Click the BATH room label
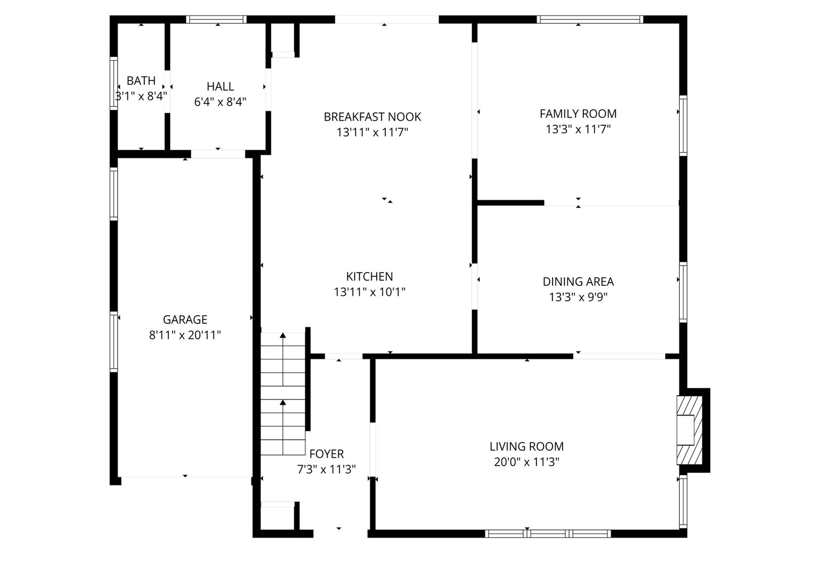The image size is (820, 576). click(x=141, y=81)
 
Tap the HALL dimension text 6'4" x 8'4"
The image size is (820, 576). click(x=220, y=102)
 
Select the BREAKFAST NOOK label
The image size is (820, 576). click(x=372, y=117)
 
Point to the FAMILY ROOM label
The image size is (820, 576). click(x=578, y=114)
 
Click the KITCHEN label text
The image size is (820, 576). click(x=370, y=277)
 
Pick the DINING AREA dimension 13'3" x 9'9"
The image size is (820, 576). click(x=578, y=297)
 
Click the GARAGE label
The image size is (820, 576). click(x=185, y=320)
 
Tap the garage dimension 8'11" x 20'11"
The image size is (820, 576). click(x=185, y=335)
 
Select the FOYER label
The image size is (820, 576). click(x=327, y=454)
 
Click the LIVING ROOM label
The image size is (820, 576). click(x=526, y=446)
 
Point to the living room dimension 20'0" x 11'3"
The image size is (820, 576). click(x=526, y=462)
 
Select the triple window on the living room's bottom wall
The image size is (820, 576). click(x=548, y=533)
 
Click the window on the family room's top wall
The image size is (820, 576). click(x=590, y=20)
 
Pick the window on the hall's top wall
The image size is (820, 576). click(x=216, y=20)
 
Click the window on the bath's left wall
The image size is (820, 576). click(x=113, y=83)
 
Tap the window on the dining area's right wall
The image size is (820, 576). click(x=683, y=292)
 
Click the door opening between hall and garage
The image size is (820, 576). click(x=218, y=154)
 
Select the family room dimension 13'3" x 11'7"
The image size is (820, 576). click(x=578, y=129)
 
